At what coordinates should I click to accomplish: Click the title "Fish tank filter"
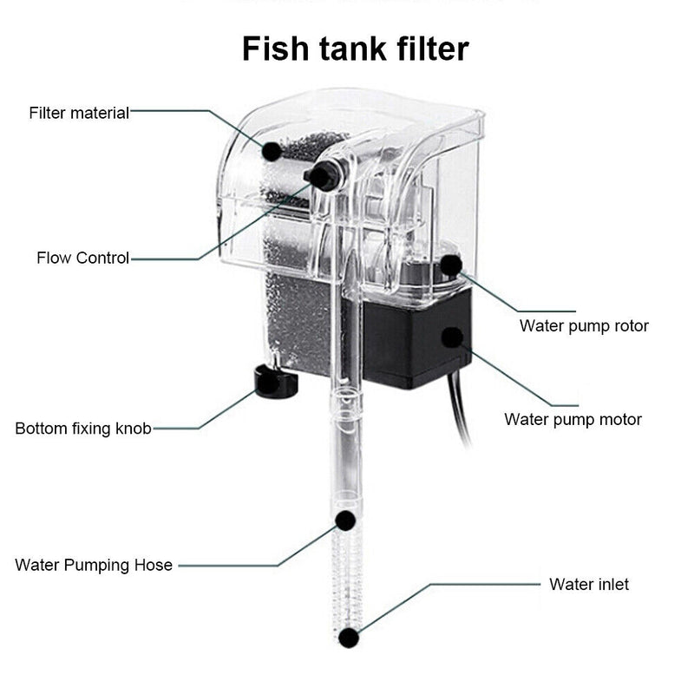click(355, 49)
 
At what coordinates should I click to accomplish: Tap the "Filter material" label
click(79, 113)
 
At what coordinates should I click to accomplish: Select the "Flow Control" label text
click(82, 258)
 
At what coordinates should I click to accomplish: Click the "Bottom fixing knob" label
click(83, 429)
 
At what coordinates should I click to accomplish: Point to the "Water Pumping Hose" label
click(94, 566)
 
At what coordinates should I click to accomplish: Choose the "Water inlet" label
click(589, 584)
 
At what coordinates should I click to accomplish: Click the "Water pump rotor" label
click(584, 326)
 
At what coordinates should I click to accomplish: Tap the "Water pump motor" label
click(573, 420)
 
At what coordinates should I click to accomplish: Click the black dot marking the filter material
click(272, 151)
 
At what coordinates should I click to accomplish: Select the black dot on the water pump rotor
click(451, 265)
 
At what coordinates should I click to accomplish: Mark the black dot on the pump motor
click(451, 337)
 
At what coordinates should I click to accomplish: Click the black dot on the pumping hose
click(345, 520)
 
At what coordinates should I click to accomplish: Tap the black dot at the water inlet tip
click(349, 638)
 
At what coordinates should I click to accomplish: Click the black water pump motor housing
click(408, 347)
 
